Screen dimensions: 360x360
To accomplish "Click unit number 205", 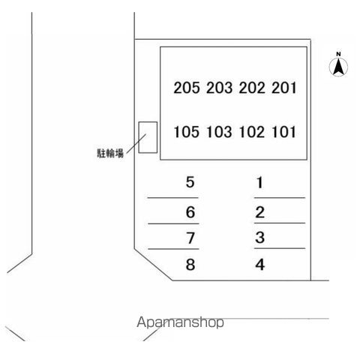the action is point(187,88).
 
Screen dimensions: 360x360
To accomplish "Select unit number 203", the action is point(219,88).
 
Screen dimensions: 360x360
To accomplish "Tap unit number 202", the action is point(252,88).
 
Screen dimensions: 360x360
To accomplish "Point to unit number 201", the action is point(284,88).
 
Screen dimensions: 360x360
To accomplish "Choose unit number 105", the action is point(187,132).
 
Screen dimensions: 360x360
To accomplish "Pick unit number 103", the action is point(219,132).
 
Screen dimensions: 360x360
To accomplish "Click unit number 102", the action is point(252,132).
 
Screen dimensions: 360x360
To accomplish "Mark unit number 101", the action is point(284,132).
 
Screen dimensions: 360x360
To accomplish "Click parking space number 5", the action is point(190,182).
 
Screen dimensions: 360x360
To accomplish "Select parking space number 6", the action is point(190,212).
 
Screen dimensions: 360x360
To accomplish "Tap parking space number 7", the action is point(190,238).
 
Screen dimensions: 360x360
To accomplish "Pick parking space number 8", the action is point(190,264).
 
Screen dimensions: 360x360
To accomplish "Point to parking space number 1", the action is point(259,182).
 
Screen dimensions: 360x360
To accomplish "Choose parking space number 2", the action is point(259,212).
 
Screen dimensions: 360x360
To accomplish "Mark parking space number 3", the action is point(260,238).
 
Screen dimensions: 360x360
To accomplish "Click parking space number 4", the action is point(260,265).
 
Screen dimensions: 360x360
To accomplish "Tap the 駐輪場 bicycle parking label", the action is point(110,153).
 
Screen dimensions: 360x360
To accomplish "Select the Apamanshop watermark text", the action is point(180,322).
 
